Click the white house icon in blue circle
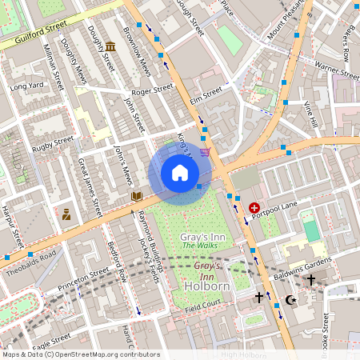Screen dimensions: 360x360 [x=180, y=173]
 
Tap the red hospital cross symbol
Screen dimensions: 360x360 [x=254, y=207]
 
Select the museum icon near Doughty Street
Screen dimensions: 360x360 [x=110, y=47]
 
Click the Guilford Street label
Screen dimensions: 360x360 [x=36, y=37]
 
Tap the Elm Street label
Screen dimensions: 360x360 [x=206, y=97]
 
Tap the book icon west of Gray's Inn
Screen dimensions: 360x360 [x=137, y=195]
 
